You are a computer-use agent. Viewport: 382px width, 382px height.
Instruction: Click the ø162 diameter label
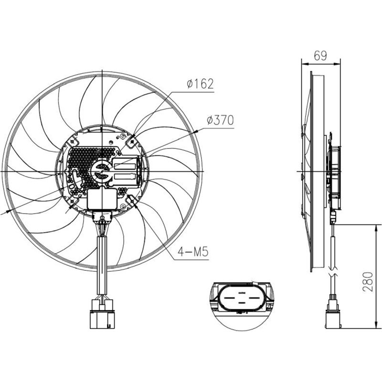tap(200, 85)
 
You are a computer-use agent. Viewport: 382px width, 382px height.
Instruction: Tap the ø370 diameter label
tap(220, 121)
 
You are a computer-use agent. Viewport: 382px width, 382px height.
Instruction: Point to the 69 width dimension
tap(320, 55)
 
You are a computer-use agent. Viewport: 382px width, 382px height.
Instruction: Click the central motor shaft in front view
tap(102, 170)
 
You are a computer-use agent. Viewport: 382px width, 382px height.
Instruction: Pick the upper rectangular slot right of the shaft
tap(125, 165)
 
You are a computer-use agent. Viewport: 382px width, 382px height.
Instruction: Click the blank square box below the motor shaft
tap(101, 199)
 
